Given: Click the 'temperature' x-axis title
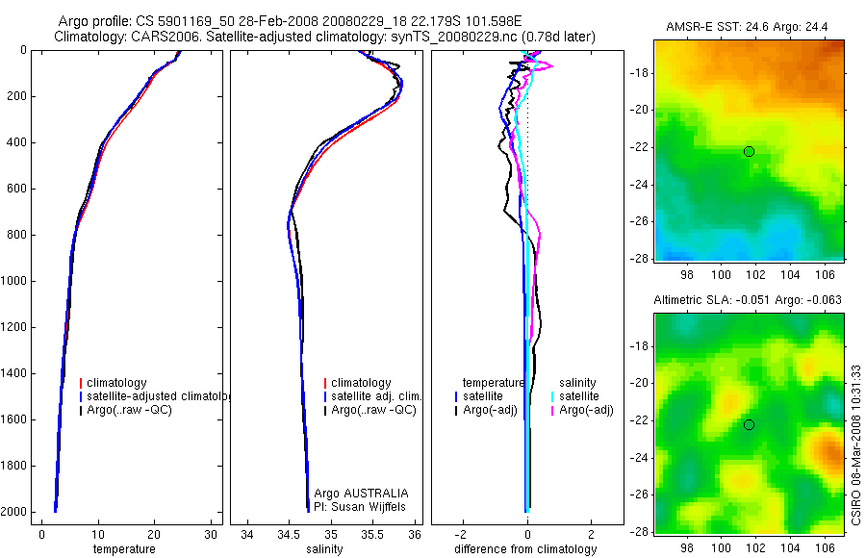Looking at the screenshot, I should tap(123, 549).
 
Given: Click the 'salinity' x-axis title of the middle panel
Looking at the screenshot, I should tap(324, 549).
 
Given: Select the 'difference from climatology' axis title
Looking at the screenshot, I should tap(525, 549).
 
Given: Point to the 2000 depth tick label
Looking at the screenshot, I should tap(14, 512).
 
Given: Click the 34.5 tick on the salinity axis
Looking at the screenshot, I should tap(289, 535).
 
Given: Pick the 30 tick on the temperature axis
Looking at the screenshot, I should tap(212, 535).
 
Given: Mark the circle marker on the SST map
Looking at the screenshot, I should tap(749, 151).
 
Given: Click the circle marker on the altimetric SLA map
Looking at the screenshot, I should tap(749, 425).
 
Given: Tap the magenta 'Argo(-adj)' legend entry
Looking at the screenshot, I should tap(586, 411).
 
